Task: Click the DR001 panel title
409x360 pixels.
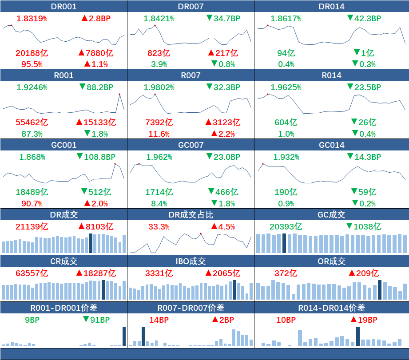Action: [64, 6]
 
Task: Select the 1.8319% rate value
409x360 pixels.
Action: [32, 19]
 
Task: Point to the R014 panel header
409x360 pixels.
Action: [332, 75]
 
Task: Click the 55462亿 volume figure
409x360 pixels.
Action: [32, 122]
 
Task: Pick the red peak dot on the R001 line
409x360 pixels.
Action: [119, 94]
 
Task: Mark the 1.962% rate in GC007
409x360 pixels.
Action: [159, 157]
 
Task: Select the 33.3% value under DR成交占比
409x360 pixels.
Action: [159, 227]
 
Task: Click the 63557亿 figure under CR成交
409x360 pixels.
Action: [32, 273]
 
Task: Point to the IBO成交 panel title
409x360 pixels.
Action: [191, 261]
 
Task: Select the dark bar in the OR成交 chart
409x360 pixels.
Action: [380, 290]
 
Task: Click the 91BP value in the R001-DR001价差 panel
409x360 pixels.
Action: [99, 320]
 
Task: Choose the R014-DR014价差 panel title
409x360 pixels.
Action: [332, 308]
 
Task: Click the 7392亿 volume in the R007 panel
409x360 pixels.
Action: [159, 122]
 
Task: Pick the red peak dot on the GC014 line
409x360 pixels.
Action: [263, 164]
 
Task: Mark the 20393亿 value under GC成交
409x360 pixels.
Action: [286, 227]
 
